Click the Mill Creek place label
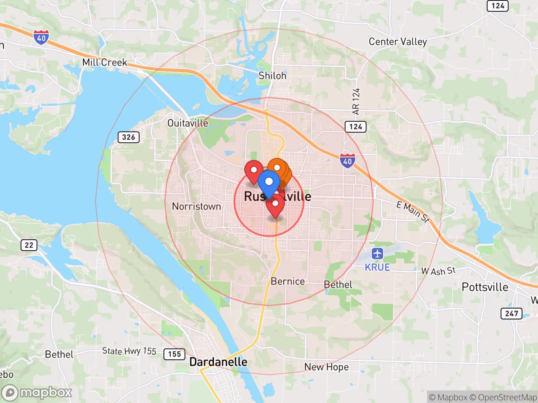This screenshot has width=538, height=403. (x=104, y=63)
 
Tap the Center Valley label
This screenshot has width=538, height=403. (x=398, y=42)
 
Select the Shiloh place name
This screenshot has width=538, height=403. (x=272, y=76)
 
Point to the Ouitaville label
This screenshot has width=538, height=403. (x=187, y=123)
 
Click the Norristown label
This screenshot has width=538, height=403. (x=196, y=206)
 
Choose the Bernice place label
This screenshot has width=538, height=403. (x=287, y=281)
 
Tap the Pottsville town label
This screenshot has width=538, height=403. (x=485, y=287)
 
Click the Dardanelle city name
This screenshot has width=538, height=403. (x=218, y=362)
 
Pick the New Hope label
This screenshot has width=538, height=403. (x=326, y=367)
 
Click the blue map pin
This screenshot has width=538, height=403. (x=269, y=183)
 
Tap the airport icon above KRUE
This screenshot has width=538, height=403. (x=377, y=254)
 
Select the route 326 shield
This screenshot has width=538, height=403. (x=128, y=137)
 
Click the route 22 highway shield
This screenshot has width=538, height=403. (x=29, y=245)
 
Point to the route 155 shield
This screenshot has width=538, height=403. (x=174, y=354)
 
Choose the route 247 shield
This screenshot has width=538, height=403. (x=512, y=314)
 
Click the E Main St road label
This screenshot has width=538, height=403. (x=413, y=212)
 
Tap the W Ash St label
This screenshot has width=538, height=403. (x=438, y=271)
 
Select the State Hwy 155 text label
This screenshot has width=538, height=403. (x=129, y=351)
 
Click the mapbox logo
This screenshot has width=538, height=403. (x=37, y=393)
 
